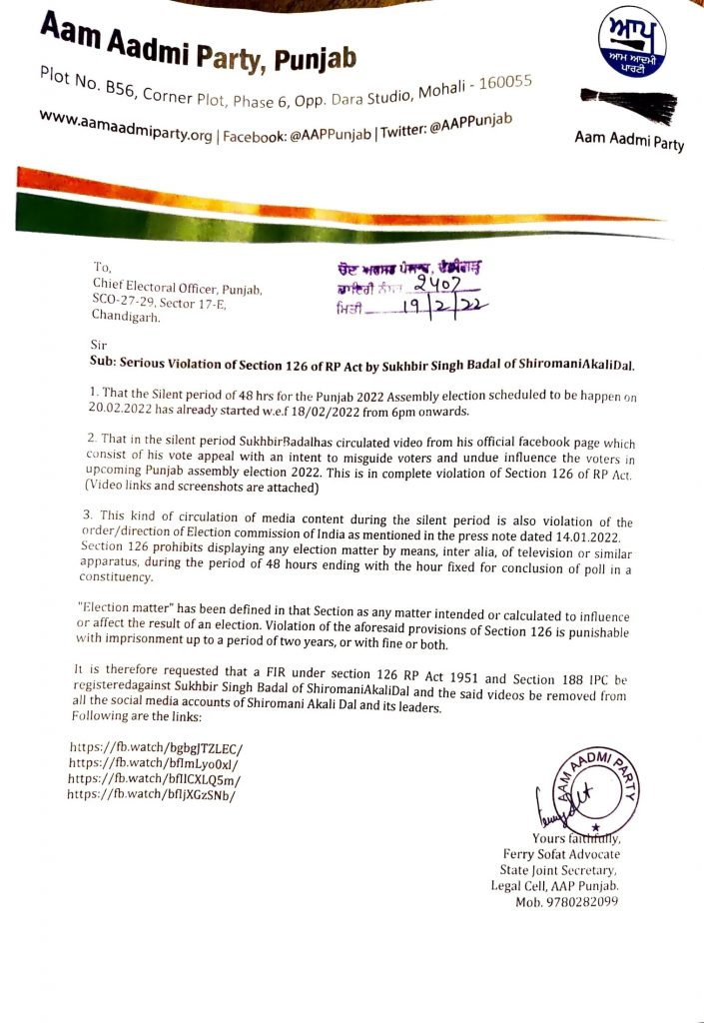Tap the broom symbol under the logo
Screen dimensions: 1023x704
[628, 103]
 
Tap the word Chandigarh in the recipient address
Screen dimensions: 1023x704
[126, 317]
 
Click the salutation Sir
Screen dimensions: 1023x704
[97, 344]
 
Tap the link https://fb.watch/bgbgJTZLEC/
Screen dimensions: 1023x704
[157, 748]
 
